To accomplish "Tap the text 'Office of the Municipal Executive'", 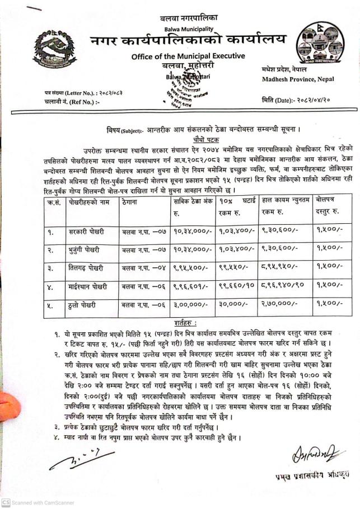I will pyautogui.click(x=188, y=56).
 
